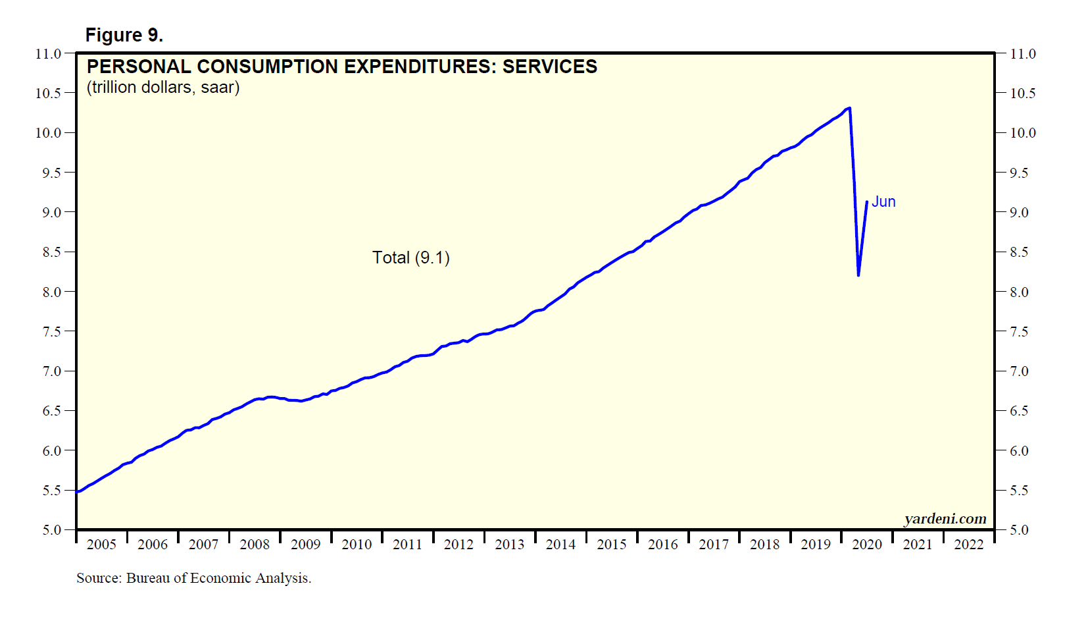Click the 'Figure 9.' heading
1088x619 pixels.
tap(124, 36)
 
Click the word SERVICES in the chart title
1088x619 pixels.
tap(550, 67)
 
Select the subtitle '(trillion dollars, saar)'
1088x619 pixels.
tap(163, 88)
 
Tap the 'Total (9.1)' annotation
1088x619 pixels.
tap(411, 257)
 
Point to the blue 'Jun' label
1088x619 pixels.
tap(883, 202)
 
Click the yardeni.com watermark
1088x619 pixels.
tap(945, 519)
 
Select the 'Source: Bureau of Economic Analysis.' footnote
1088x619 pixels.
tap(194, 578)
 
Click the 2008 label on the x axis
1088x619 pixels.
tap(255, 545)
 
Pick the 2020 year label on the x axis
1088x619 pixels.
tap(867, 545)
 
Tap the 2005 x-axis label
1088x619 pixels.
tap(101, 545)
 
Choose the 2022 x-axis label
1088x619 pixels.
tap(969, 545)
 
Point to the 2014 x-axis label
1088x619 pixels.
tap(560, 545)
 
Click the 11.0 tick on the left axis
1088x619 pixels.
tap(48, 54)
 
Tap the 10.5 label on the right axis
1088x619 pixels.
tap(1022, 94)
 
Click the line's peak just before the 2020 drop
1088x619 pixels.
tap(850, 108)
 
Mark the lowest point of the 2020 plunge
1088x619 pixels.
tap(858, 275)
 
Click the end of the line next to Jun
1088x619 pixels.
tap(867, 202)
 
